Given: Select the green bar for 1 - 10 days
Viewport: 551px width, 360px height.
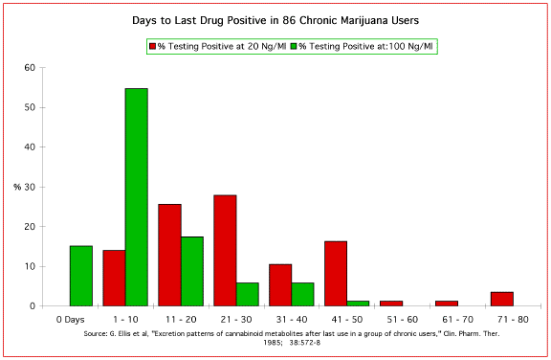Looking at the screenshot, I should (x=136, y=197).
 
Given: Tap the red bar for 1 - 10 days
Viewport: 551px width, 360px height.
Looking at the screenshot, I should (x=114, y=278).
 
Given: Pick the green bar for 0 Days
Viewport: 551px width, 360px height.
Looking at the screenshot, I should (x=80, y=276).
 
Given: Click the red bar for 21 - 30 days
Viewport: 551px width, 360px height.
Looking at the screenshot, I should (x=225, y=250).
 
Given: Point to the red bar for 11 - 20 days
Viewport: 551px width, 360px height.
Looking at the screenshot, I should (x=169, y=255).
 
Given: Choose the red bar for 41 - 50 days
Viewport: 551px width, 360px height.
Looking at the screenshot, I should (x=335, y=273).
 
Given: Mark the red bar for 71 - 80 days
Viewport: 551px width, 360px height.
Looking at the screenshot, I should (x=501, y=299).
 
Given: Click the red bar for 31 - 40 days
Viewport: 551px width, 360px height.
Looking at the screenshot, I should (x=280, y=284).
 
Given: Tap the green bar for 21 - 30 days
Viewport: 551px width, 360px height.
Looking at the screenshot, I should (x=247, y=294).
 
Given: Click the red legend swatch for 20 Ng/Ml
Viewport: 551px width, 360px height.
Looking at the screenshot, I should (x=153, y=46).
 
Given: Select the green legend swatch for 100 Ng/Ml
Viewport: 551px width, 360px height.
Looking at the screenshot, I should (x=294, y=46).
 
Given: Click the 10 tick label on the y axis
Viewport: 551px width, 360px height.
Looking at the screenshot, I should (x=30, y=266).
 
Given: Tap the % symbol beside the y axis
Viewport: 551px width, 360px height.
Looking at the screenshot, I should (x=17, y=187).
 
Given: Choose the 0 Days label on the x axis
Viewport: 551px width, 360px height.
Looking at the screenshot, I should (x=71, y=318).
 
